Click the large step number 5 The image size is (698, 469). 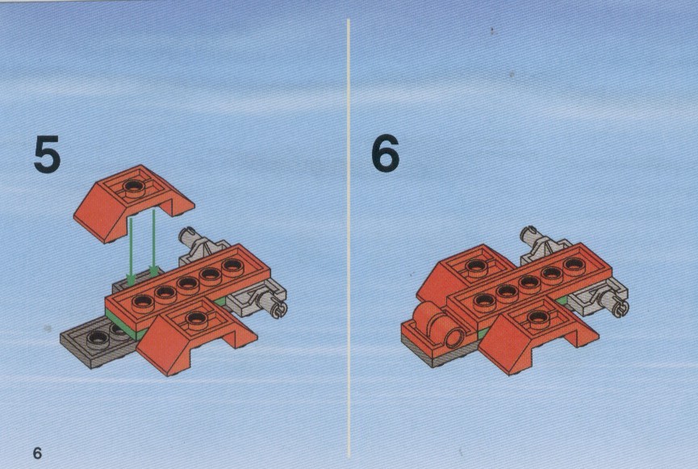tap(47, 154)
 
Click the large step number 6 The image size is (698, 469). tap(386, 153)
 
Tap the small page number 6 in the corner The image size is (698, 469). tap(37, 453)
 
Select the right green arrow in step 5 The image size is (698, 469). tap(153, 243)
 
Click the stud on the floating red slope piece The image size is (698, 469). tap(133, 187)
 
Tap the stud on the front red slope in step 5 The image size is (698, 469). tap(194, 318)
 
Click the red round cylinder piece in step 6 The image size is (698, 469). tap(438, 325)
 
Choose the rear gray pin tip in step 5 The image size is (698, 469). tap(187, 235)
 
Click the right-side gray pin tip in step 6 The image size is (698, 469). tap(619, 308)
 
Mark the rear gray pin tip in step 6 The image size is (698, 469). tap(529, 234)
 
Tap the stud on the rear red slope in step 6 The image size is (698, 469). tap(475, 266)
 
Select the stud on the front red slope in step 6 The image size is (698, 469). tap(537, 317)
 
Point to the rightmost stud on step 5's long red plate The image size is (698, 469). tap(232, 266)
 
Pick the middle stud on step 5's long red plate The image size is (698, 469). tap(187, 283)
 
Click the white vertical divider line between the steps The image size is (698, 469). tap(349, 238)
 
